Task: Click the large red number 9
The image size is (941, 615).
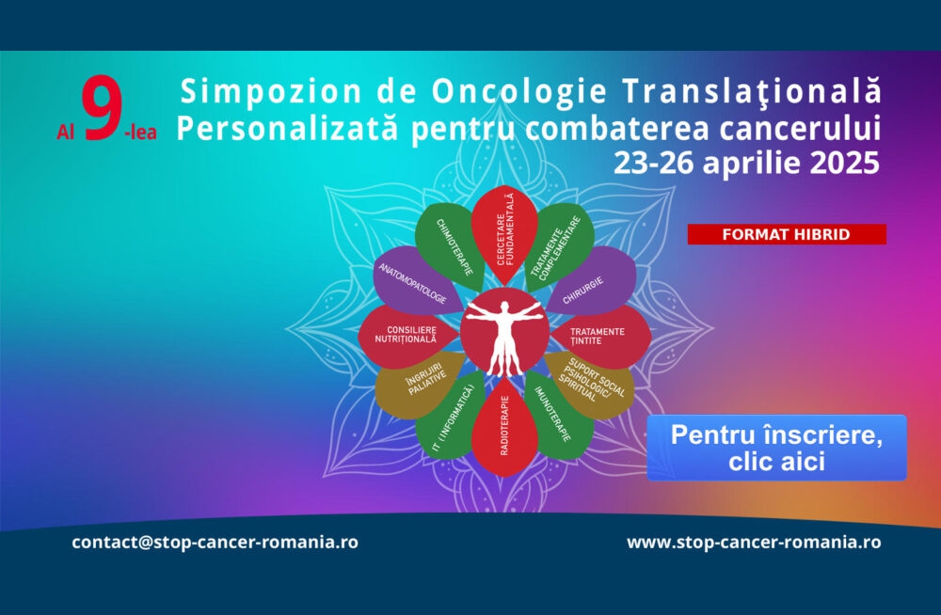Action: coord(103,108)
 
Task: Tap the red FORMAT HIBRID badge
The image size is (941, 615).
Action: coord(787,234)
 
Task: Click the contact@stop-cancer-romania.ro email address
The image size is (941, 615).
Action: coord(215,542)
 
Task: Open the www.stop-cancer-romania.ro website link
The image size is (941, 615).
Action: coord(754,542)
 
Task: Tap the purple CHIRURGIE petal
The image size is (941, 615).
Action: coord(591,283)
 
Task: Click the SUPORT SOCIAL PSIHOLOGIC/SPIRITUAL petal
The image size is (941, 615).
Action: coord(591,384)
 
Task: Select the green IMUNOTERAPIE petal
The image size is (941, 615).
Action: coord(558,416)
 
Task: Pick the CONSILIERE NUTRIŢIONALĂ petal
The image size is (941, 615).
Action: coord(408,336)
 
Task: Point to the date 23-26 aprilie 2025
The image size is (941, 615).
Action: coord(746,163)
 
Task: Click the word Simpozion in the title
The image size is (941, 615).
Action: coord(271,91)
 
